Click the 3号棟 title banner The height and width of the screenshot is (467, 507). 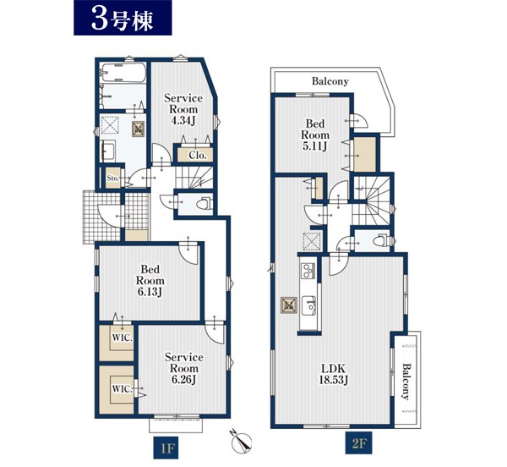coord(123,18)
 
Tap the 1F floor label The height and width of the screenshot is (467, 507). coord(166,449)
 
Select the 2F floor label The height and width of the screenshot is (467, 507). coord(359,442)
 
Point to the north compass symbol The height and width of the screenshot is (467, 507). coord(242,442)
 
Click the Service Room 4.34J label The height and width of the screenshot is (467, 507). coord(183,109)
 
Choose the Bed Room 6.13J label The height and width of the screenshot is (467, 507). coord(150,281)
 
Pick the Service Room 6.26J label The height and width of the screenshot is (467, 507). coord(184,368)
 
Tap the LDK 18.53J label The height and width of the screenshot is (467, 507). coord(334,374)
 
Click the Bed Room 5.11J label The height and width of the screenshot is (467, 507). coord(315,135)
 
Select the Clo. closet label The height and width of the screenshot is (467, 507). coord(197,156)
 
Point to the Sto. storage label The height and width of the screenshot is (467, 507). coord(113,178)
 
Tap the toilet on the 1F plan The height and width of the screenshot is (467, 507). coord(204,204)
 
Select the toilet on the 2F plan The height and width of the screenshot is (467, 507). coord(381,241)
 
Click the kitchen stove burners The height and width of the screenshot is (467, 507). coord(308,270)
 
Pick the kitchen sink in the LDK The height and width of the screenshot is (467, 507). coord(308,305)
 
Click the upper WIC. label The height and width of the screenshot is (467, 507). coord(123,338)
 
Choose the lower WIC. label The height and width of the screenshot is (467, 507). coord(123,388)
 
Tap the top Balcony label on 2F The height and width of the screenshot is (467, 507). coord(330,81)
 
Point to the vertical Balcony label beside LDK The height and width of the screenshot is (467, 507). coord(406,382)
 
